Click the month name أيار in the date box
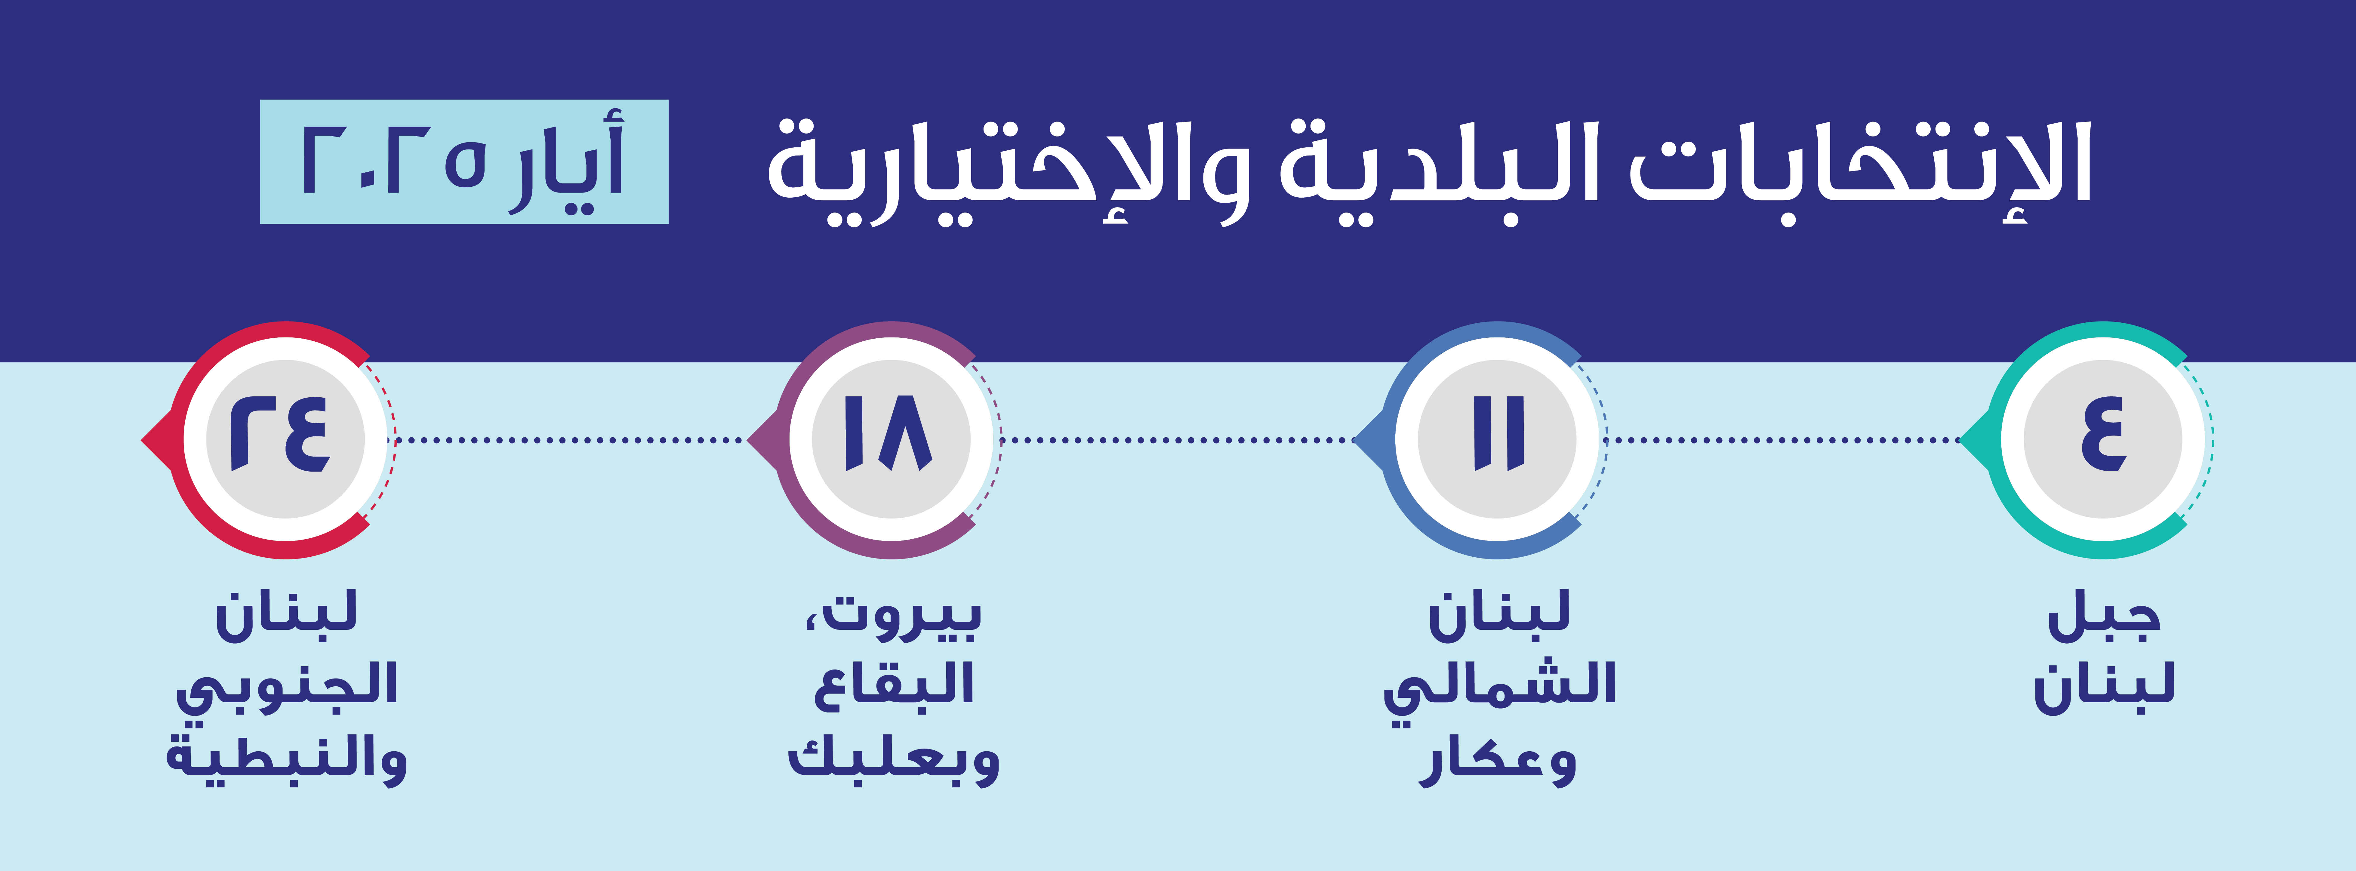(x=567, y=165)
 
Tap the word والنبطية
(x=286, y=759)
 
